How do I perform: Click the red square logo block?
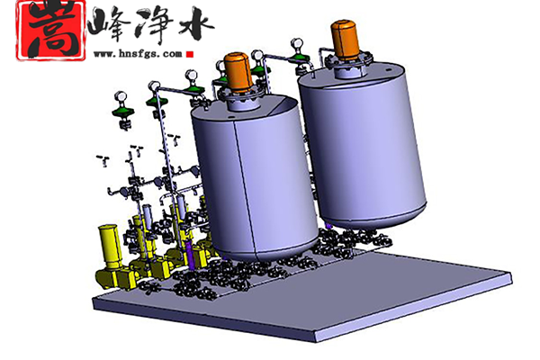coord(51,31)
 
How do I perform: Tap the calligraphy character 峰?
coord(109,26)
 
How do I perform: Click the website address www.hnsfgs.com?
coord(138,54)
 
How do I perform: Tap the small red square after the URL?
coord(190,54)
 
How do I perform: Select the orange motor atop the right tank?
coord(344,40)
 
